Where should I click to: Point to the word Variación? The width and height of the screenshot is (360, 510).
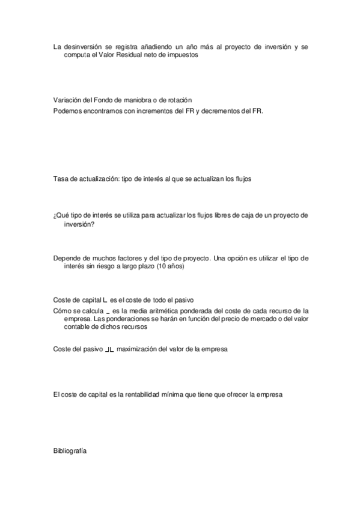point(68,100)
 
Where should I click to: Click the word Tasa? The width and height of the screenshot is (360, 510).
point(60,179)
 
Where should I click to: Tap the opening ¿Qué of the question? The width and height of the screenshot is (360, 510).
point(61,215)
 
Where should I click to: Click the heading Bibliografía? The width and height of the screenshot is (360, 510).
point(70,449)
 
